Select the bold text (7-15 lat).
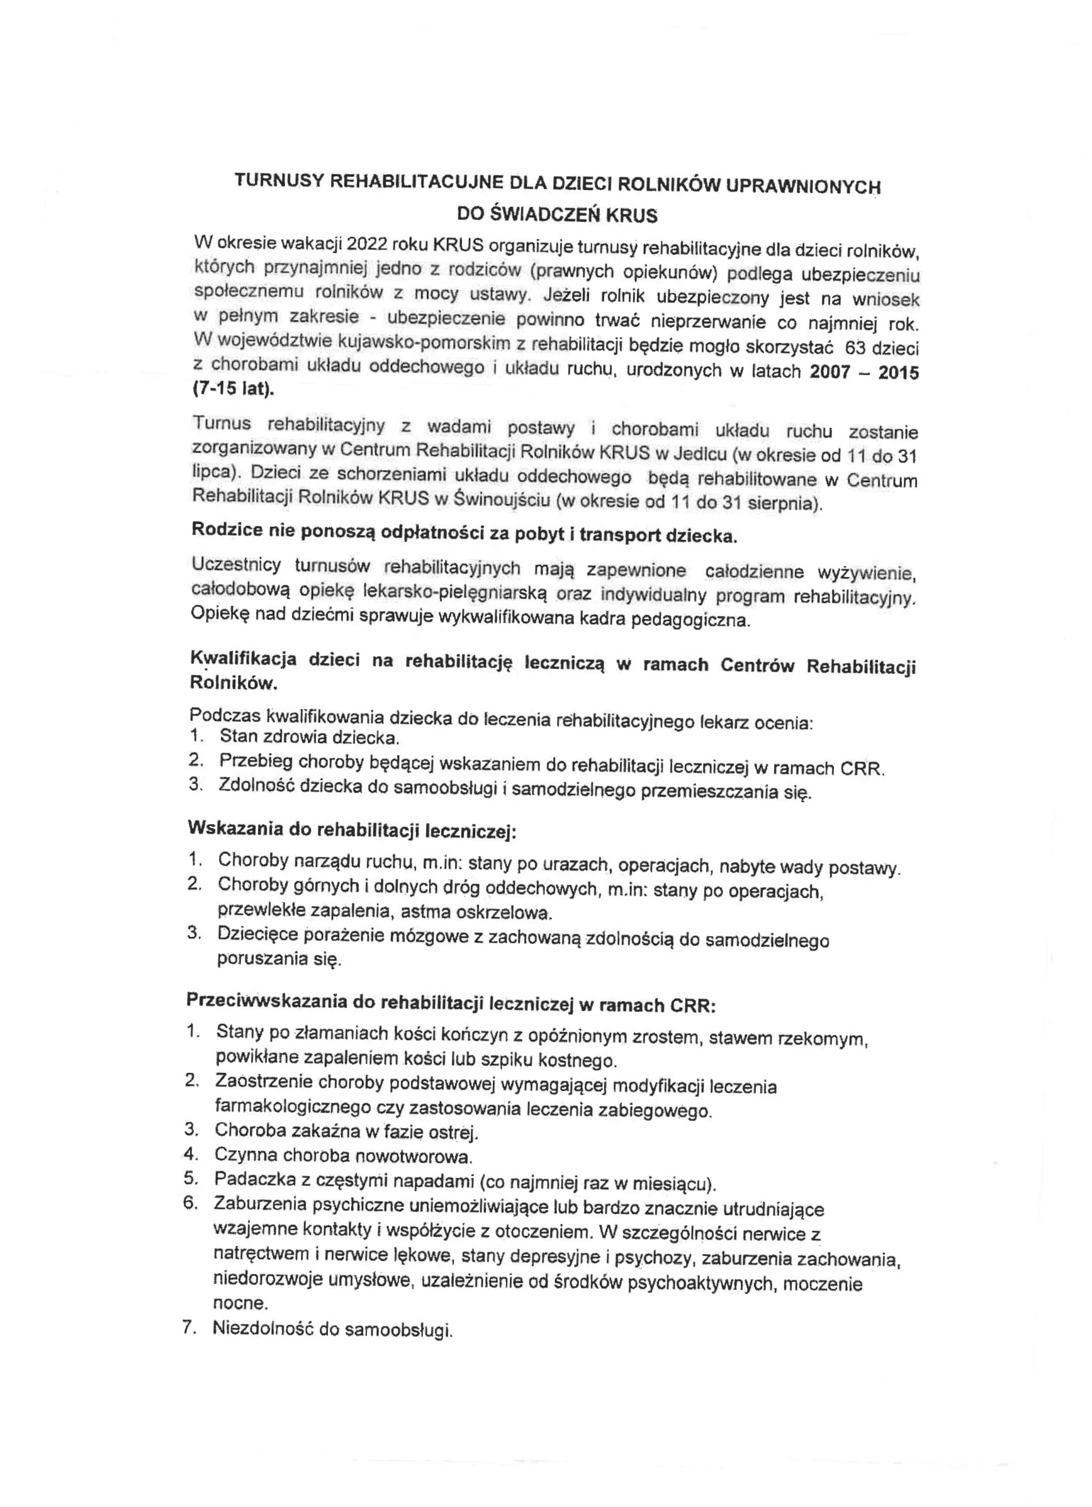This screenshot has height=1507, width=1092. coord(233,389)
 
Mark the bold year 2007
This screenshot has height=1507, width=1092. coord(831,371)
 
